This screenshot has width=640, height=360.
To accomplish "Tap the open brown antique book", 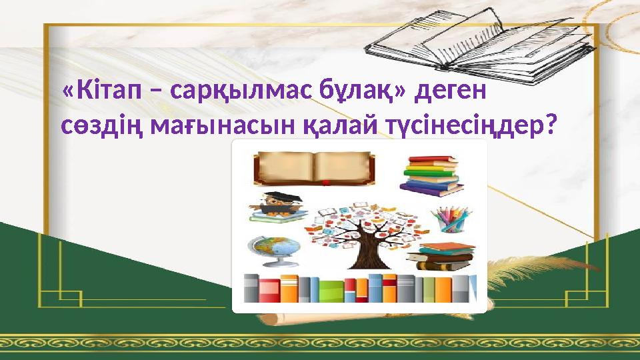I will [x=313, y=167].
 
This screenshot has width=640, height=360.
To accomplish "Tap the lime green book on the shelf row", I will [x=331, y=290].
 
